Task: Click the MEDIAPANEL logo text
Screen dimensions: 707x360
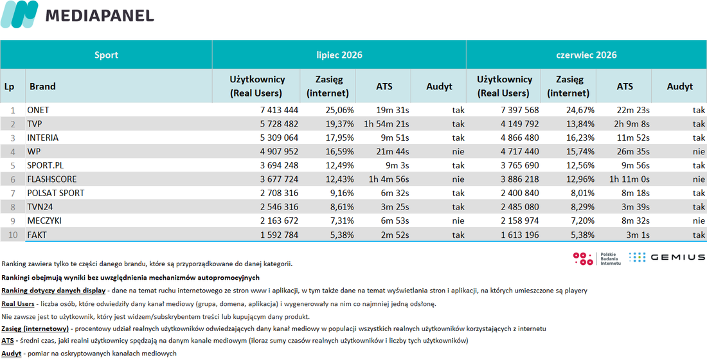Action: pos(100,15)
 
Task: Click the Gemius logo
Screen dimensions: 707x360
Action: pos(667,258)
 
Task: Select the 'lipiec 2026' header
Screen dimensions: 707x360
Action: pos(339,55)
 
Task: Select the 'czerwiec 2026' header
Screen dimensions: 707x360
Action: pos(586,55)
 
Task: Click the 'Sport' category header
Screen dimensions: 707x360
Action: pos(107,55)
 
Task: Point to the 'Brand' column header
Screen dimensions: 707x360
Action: pos(42,86)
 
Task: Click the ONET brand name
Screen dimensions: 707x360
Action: pos(39,110)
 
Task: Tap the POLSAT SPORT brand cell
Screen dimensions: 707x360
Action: pos(56,194)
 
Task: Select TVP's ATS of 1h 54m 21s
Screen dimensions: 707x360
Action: pos(387,123)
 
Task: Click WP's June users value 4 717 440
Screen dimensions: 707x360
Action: pos(517,152)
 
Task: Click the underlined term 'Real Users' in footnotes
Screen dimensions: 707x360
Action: pos(18,304)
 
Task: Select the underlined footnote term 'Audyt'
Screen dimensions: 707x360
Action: pos(12,354)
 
